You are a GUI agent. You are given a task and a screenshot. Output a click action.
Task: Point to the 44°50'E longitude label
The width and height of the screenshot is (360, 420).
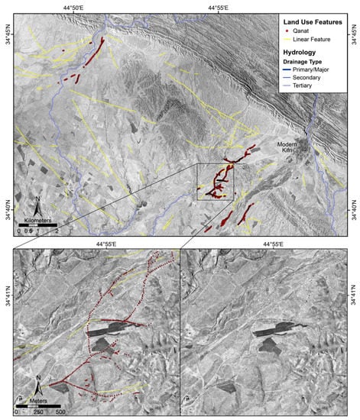pos(75,8)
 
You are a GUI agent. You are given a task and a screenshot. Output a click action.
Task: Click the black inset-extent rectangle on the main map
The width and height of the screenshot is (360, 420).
pos(215,182)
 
